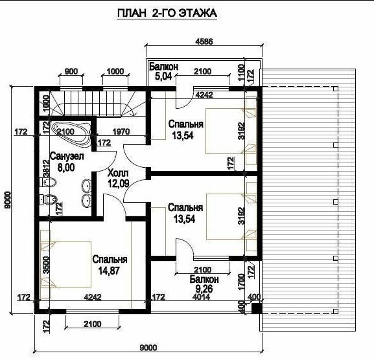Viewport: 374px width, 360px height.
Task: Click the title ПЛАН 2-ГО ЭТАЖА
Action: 167,13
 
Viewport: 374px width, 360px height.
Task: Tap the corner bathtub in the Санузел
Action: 72,133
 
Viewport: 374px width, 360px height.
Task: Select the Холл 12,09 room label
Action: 119,178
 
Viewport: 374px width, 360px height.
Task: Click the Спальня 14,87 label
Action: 110,265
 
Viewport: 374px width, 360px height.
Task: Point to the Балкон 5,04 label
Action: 163,71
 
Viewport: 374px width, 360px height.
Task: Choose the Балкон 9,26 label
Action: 204,284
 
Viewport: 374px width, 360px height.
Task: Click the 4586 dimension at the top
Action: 204,41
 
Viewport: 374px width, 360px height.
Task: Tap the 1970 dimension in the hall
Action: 121,131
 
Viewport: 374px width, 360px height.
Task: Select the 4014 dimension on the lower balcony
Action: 201,297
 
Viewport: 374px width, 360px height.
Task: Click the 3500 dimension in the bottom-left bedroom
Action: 47,265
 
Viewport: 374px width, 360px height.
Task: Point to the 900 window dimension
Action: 71,71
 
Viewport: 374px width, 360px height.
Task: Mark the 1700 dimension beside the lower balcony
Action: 241,282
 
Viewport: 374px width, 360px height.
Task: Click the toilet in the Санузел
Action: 48,199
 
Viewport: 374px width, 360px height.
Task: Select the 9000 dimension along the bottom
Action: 148,348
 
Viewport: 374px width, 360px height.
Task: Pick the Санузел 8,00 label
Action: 67,162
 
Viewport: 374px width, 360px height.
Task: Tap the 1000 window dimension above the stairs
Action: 115,71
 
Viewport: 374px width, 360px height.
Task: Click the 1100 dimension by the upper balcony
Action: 241,73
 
